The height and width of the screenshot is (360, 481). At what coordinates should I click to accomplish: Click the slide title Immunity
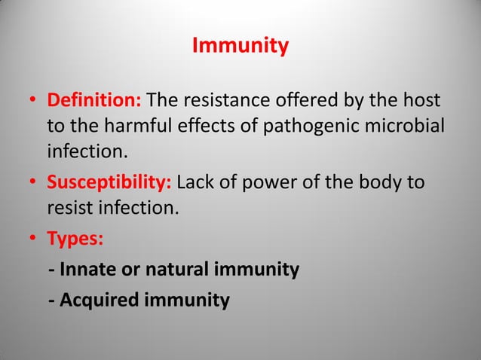(240, 47)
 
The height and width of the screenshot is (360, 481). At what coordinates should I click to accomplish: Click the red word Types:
(77, 239)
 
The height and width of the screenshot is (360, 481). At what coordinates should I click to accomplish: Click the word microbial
(401, 127)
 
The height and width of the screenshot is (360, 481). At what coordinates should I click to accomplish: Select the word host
(424, 101)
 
